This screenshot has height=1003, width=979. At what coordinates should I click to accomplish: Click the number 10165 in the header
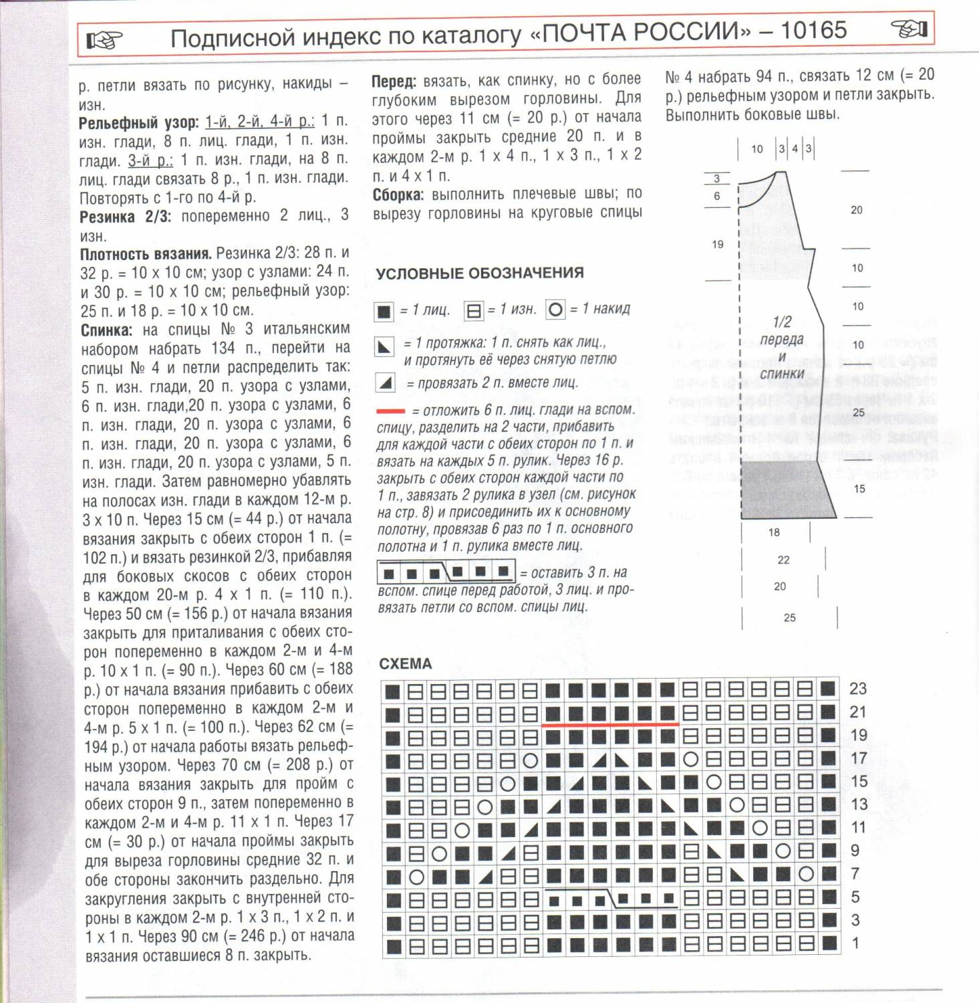pyautogui.click(x=813, y=30)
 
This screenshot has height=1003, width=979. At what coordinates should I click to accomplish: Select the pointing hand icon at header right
pyautogui.click(x=910, y=29)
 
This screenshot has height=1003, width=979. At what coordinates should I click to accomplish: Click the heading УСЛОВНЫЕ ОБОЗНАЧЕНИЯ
pyautogui.click(x=479, y=273)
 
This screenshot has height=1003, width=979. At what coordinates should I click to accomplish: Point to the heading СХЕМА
pyautogui.click(x=405, y=664)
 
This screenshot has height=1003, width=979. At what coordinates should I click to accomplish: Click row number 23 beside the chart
pyautogui.click(x=857, y=689)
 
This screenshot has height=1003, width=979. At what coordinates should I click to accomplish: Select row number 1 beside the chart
pyautogui.click(x=855, y=943)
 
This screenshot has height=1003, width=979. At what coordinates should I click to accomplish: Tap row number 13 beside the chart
pyautogui.click(x=859, y=804)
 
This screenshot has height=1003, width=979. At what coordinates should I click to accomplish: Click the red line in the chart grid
pyautogui.click(x=609, y=724)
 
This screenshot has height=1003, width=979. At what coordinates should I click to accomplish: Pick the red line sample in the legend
pyautogui.click(x=390, y=411)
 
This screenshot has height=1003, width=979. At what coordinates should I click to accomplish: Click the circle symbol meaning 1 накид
pyautogui.click(x=555, y=310)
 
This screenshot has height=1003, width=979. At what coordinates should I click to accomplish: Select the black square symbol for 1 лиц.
pyautogui.click(x=384, y=312)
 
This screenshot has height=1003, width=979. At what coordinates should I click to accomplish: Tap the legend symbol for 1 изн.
pyautogui.click(x=473, y=311)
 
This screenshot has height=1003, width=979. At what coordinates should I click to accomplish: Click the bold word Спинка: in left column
pyautogui.click(x=107, y=330)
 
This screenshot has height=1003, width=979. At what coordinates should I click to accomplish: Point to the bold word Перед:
pyautogui.click(x=394, y=82)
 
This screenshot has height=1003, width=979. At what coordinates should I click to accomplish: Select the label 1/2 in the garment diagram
pyautogui.click(x=782, y=322)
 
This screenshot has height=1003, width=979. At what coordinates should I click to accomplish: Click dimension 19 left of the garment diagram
pyautogui.click(x=717, y=245)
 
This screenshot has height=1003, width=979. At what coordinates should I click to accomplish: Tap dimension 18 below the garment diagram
pyautogui.click(x=774, y=532)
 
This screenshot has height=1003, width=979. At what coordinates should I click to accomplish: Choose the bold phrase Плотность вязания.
pyautogui.click(x=145, y=254)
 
